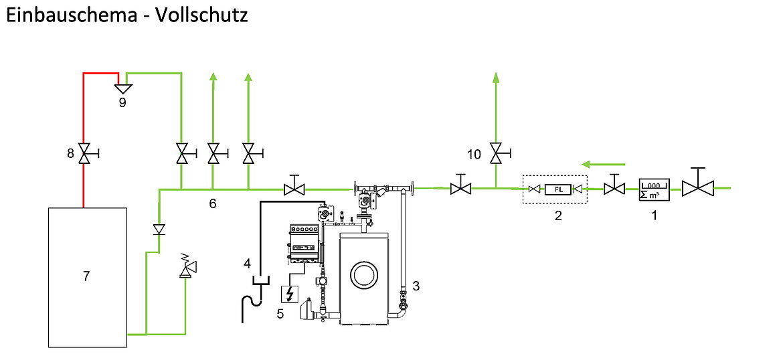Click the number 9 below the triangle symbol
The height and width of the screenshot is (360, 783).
pyautogui.click(x=122, y=102)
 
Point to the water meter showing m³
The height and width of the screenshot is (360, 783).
pyautogui.click(x=652, y=189)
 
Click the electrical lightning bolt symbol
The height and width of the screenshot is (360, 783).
pyautogui.click(x=290, y=294)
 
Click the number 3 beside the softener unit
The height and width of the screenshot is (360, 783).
pyautogui.click(x=416, y=286)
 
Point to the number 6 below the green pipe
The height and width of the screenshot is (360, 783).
pyautogui.click(x=213, y=203)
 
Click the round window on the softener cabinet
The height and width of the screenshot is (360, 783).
pyautogui.click(x=364, y=274)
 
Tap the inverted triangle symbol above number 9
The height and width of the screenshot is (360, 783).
pyautogui.click(x=122, y=87)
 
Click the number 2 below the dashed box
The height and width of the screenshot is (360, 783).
pyautogui.click(x=558, y=215)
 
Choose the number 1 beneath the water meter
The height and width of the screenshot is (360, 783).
pyautogui.click(x=655, y=215)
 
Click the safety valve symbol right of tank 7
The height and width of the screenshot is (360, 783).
pyautogui.click(x=186, y=268)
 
